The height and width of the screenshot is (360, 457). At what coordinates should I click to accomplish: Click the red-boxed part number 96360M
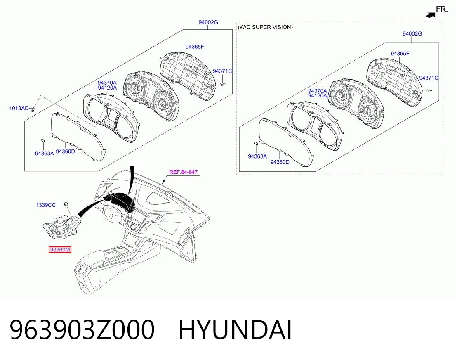point(60,250)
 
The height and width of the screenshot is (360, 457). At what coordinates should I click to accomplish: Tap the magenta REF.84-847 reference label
point(183,172)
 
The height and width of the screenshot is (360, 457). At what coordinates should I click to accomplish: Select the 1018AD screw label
point(19,108)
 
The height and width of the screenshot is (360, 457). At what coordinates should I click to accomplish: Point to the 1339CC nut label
point(46,205)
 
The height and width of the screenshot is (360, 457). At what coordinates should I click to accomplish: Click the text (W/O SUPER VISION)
point(265,27)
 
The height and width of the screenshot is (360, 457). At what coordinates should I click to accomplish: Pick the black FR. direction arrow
point(431,15)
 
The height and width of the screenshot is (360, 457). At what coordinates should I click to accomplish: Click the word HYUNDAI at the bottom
point(235,330)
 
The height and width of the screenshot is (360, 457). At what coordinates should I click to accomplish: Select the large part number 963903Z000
point(82,330)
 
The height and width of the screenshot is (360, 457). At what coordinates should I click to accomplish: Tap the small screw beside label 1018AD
point(33,109)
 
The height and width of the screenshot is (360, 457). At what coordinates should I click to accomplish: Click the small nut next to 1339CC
point(66,204)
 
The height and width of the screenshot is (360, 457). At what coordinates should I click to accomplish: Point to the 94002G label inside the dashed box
point(412,34)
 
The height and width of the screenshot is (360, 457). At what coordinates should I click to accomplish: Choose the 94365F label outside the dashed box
point(195,47)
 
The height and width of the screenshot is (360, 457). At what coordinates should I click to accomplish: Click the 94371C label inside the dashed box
point(429,78)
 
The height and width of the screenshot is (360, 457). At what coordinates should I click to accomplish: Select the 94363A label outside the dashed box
point(44,154)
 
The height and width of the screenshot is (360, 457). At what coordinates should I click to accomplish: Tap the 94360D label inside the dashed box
point(280,162)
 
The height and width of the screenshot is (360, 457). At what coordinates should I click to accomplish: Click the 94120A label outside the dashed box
point(107,88)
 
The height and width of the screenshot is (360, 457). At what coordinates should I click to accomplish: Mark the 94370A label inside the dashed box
point(318,91)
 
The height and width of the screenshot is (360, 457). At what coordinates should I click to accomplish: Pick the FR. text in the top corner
point(442,9)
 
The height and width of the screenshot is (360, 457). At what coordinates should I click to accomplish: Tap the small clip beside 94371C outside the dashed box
point(223,83)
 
